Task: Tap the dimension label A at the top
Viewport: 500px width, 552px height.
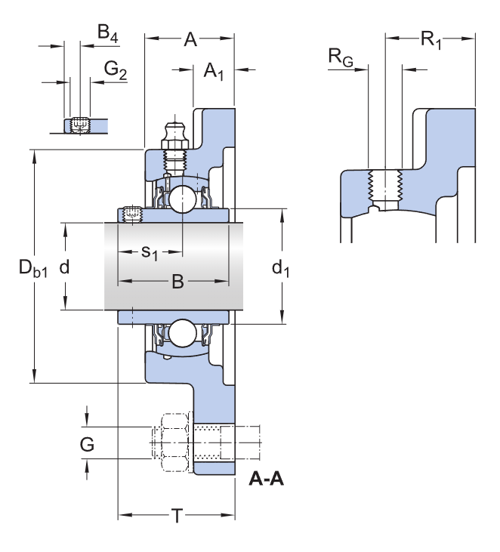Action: coord(190,40)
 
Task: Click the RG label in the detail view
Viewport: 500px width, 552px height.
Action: coord(340,57)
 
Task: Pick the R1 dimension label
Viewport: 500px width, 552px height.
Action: coord(431,40)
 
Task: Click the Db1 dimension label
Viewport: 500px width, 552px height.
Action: coord(33,269)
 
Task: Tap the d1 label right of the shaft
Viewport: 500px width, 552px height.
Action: coord(280,267)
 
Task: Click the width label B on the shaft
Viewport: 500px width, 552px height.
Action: coord(177,282)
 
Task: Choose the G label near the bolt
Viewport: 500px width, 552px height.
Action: coord(88,445)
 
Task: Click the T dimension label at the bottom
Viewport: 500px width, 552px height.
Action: coord(177,517)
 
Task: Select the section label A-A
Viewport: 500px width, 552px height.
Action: coord(266,479)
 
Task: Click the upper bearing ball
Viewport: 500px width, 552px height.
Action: coord(182,199)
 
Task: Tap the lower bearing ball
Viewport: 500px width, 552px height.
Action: coord(182,333)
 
